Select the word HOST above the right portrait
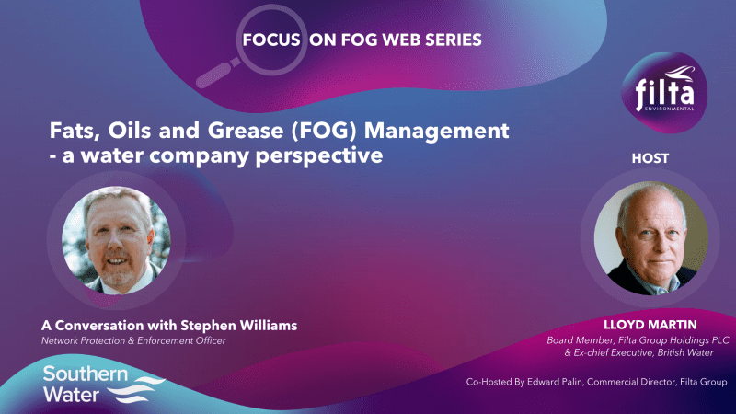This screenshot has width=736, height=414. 650,158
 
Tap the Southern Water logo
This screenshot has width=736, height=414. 101,384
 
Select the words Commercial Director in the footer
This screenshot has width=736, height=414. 629,381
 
